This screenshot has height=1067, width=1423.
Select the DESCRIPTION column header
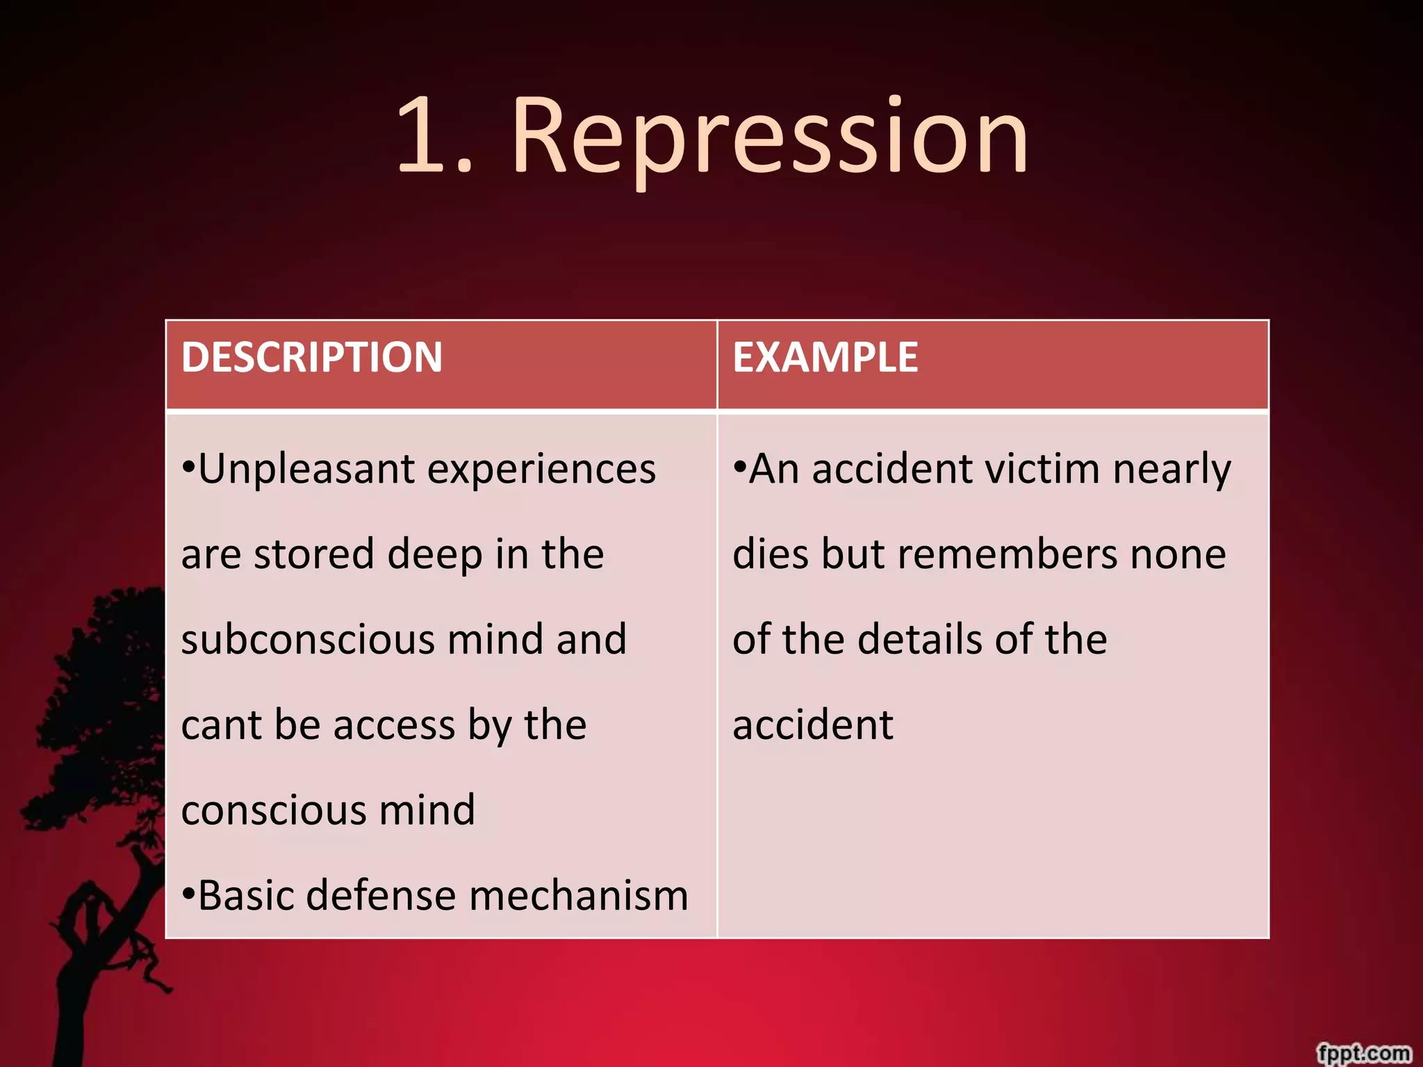[x=312, y=357]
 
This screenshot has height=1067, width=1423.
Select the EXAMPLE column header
[x=825, y=357]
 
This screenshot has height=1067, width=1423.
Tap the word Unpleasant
[x=306, y=469]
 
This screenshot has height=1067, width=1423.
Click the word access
[x=394, y=725]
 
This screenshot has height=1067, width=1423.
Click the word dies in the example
[x=771, y=554]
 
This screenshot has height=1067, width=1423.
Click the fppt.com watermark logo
[x=1363, y=1052]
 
